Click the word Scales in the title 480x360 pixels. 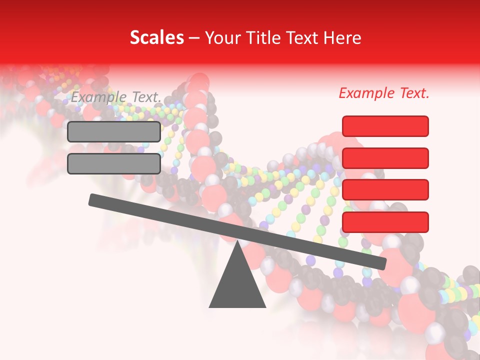[156, 37]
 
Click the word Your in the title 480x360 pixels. [222, 38]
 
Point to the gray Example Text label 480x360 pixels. [116, 97]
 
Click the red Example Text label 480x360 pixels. [384, 93]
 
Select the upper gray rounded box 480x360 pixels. [114, 131]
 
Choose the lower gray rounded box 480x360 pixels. [114, 163]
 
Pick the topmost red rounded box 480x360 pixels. [385, 126]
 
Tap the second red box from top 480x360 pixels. [385, 158]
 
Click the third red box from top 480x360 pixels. [385, 190]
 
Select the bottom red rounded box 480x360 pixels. [385, 222]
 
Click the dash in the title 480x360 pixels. [193, 38]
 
